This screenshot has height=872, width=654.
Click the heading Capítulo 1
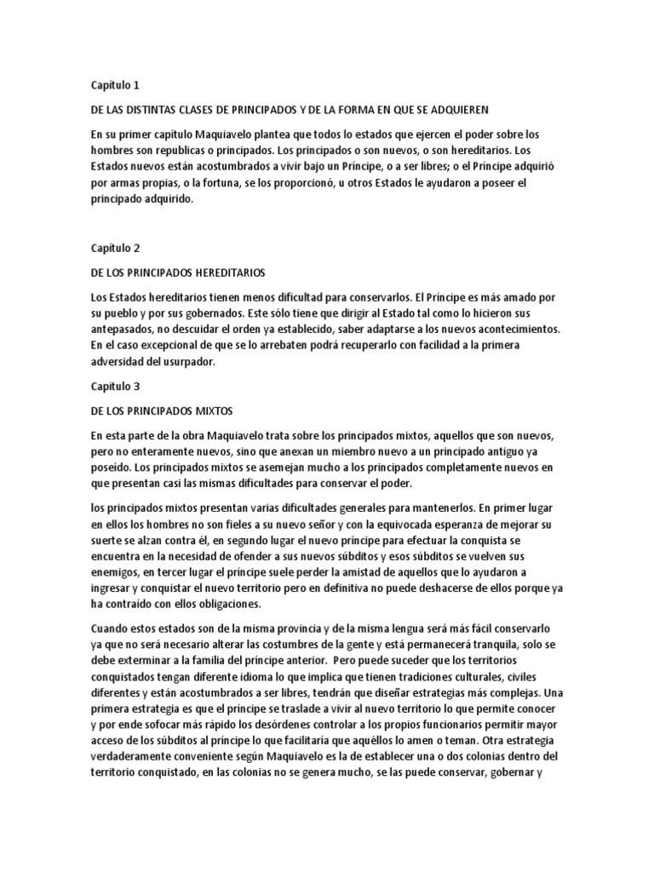(114, 85)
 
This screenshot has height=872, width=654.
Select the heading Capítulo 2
(114, 248)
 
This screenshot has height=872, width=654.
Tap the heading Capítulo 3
(114, 386)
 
